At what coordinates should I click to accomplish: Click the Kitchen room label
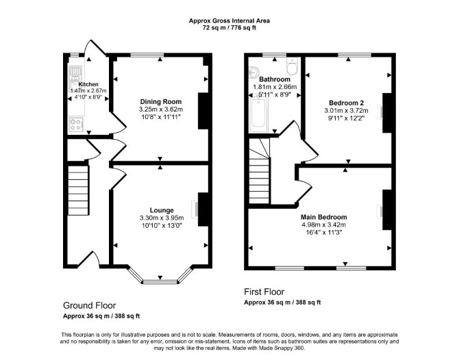click(x=88, y=84)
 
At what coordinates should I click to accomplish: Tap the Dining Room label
click(x=161, y=102)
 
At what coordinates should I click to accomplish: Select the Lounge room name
click(x=162, y=210)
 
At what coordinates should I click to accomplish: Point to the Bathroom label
click(x=275, y=79)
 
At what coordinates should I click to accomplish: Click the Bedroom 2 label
click(x=346, y=103)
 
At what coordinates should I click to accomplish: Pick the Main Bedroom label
click(x=324, y=217)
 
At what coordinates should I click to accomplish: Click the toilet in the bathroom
click(x=292, y=66)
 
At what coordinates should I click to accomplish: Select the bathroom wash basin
click(x=253, y=72)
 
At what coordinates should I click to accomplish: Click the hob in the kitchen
click(x=76, y=125)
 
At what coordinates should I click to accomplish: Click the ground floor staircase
click(x=78, y=190)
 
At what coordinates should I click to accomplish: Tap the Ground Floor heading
click(x=89, y=306)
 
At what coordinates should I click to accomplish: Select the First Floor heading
click(x=264, y=292)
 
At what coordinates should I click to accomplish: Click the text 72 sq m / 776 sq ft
click(x=229, y=28)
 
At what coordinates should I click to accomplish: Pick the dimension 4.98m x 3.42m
click(x=324, y=225)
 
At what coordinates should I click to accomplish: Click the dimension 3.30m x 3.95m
click(x=162, y=218)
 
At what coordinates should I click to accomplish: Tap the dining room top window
click(x=147, y=55)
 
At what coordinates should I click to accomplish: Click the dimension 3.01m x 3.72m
click(x=346, y=111)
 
